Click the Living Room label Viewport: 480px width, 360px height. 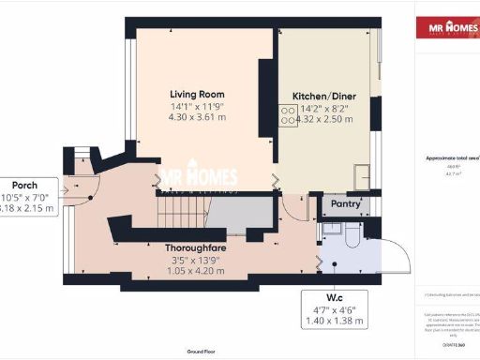coord(197,94)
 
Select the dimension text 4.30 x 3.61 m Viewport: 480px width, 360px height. coord(197,118)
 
